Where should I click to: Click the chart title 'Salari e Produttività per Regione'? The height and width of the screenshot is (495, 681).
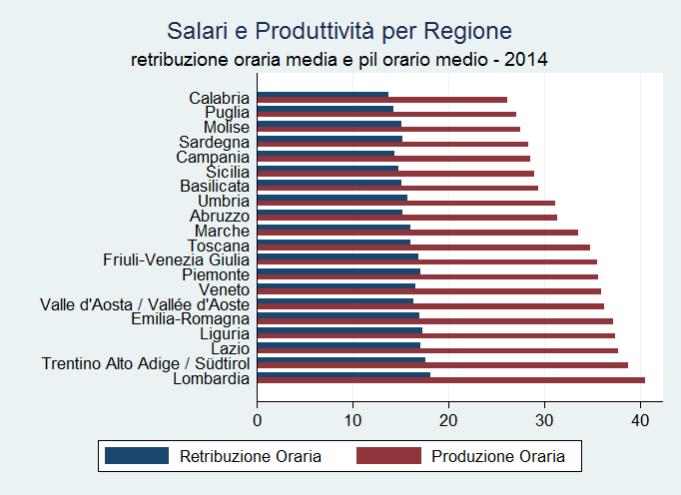(340, 30)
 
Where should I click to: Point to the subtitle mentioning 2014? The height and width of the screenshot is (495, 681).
(340, 60)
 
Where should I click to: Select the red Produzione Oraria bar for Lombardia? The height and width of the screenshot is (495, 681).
(450, 380)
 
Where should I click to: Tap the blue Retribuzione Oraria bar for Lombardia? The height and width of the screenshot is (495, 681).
(343, 374)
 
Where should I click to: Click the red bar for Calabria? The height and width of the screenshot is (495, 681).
(381, 100)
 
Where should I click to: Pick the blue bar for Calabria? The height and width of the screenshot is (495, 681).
(323, 95)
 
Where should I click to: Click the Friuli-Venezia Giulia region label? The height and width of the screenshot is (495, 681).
(176, 260)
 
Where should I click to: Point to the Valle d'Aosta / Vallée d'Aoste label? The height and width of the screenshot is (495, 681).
(145, 304)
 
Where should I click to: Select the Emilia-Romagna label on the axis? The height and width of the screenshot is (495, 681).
(190, 319)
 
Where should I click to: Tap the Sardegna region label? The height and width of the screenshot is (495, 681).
(214, 142)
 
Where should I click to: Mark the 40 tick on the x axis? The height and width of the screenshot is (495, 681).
(639, 419)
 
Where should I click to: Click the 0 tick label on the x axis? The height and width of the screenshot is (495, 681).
(258, 419)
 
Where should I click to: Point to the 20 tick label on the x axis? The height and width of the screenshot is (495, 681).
(448, 419)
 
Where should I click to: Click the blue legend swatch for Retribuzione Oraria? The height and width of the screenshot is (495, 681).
(136, 456)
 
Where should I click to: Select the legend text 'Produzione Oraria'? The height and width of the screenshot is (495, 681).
(498, 457)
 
